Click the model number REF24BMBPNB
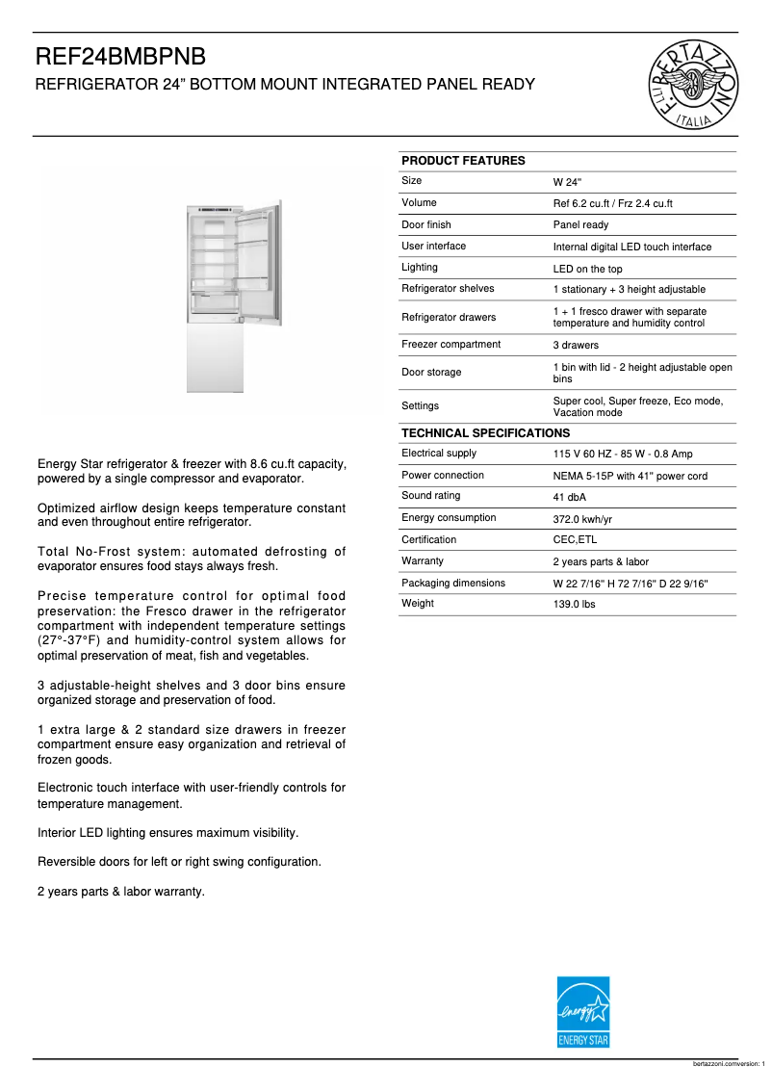pyautogui.click(x=120, y=58)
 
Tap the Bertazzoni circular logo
pyautogui.click(x=695, y=85)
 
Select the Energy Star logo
pyautogui.click(x=583, y=1012)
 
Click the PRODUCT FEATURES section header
pyautogui.click(x=463, y=161)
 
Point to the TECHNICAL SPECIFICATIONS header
pyautogui.click(x=485, y=433)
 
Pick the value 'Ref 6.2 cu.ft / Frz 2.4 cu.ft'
pyautogui.click(x=612, y=203)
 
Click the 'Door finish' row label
pyautogui.click(x=425, y=224)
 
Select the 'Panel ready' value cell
pyautogui.click(x=580, y=225)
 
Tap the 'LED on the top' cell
pyautogui.click(x=587, y=269)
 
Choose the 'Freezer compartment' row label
pyautogui.click(x=450, y=345)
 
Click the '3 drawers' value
pyautogui.click(x=576, y=345)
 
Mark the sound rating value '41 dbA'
pyautogui.click(x=569, y=497)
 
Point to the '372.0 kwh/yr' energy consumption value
pyautogui.click(x=582, y=519)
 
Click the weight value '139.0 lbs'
pyautogui.click(x=574, y=605)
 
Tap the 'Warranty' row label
pyautogui.click(x=422, y=561)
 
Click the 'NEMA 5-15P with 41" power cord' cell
pyautogui.click(x=630, y=476)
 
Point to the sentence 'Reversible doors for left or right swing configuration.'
pyautogui.click(x=179, y=862)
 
